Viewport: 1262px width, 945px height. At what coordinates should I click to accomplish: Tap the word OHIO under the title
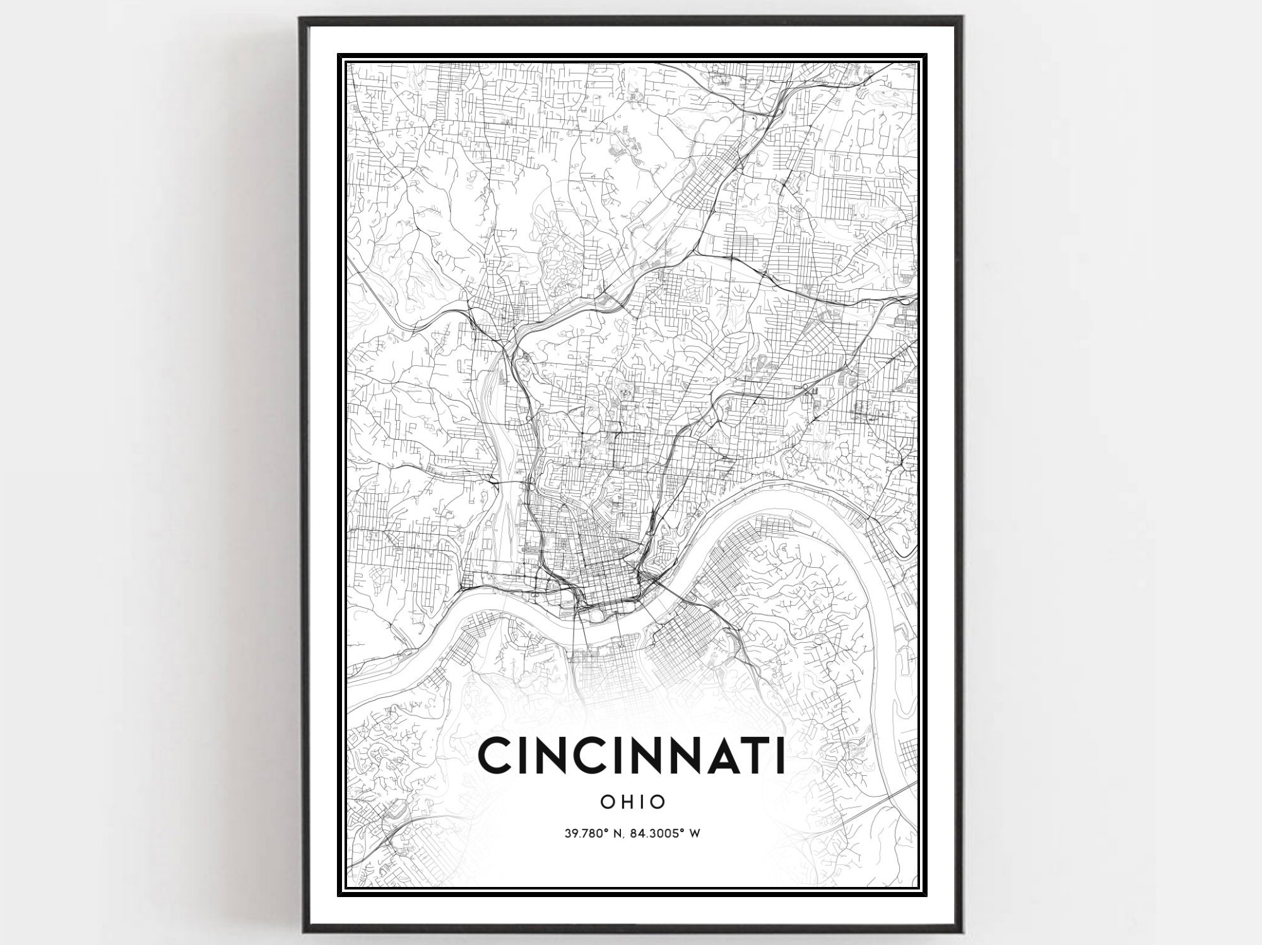point(632,802)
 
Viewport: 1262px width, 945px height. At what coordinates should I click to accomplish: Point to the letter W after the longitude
point(695,833)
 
